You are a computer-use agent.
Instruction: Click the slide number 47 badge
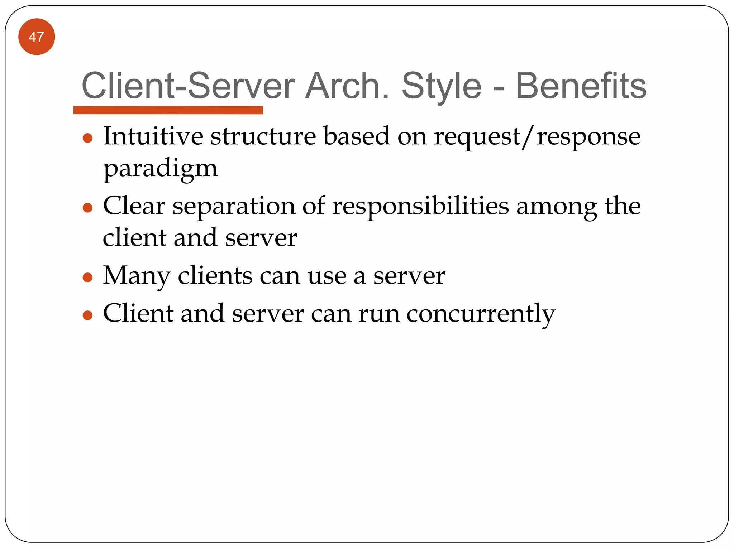pyautogui.click(x=37, y=37)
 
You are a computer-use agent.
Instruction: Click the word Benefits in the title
pyautogui.click(x=581, y=86)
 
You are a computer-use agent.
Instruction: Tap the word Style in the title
pyautogui.click(x=442, y=87)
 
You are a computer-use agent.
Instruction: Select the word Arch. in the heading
pyautogui.click(x=347, y=86)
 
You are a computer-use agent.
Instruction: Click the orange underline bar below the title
pyautogui.click(x=168, y=110)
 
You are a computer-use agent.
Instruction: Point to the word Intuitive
pyautogui.click(x=153, y=136)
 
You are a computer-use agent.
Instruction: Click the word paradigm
pyautogui.click(x=160, y=168)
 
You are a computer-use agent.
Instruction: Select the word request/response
pyautogui.click(x=537, y=137)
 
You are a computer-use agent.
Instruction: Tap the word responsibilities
pyautogui.click(x=420, y=207)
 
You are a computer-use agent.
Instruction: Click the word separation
pyautogui.click(x=234, y=207)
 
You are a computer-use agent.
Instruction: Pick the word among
pyautogui.click(x=557, y=207)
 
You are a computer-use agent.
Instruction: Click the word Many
pyautogui.click(x=137, y=276)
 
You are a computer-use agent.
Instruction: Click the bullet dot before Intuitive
pyautogui.click(x=87, y=138)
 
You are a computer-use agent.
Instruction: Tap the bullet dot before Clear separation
pyautogui.click(x=87, y=208)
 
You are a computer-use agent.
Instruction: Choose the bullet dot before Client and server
pyautogui.click(x=87, y=315)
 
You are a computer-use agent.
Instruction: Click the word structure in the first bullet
pyautogui.click(x=263, y=136)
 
